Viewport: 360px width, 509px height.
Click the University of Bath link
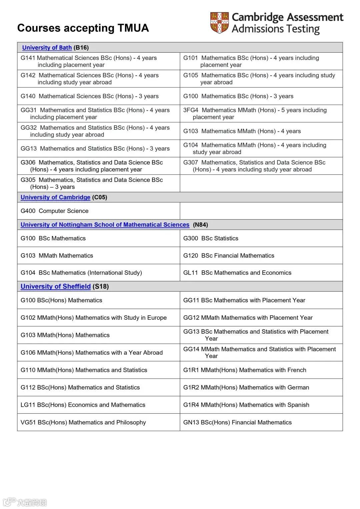tap(47, 48)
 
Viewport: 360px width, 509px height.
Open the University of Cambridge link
tap(55, 197)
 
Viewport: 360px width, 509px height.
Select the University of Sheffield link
tap(55, 287)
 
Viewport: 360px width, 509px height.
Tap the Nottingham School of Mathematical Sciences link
tap(105, 225)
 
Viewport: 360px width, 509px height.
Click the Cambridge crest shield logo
tap(219, 23)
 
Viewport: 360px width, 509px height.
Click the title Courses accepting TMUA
tap(83, 28)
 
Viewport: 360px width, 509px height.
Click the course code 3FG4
tap(191, 110)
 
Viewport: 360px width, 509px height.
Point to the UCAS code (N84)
tap(200, 225)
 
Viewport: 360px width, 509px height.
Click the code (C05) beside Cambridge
tap(100, 197)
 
